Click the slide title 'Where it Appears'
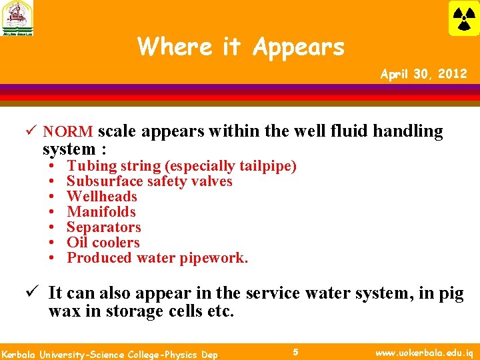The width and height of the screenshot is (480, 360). (x=241, y=47)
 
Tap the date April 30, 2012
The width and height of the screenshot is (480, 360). (x=423, y=74)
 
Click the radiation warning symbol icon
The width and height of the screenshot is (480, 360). (x=463, y=18)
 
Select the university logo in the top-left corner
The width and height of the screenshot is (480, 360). (x=17, y=18)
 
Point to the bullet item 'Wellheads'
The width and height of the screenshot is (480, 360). (x=102, y=197)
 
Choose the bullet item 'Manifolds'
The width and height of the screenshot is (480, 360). (x=101, y=212)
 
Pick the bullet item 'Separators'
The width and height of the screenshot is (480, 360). (x=104, y=227)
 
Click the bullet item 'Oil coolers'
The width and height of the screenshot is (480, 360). (x=103, y=243)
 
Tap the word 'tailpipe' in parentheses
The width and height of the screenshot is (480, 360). (x=267, y=166)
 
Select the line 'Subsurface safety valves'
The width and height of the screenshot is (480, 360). (x=149, y=181)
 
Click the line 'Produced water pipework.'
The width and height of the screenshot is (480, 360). (x=157, y=258)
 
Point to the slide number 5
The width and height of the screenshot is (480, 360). (x=295, y=351)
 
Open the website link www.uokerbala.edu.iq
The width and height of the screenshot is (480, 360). (x=424, y=351)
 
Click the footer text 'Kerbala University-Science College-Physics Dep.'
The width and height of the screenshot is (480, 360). (x=111, y=353)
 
